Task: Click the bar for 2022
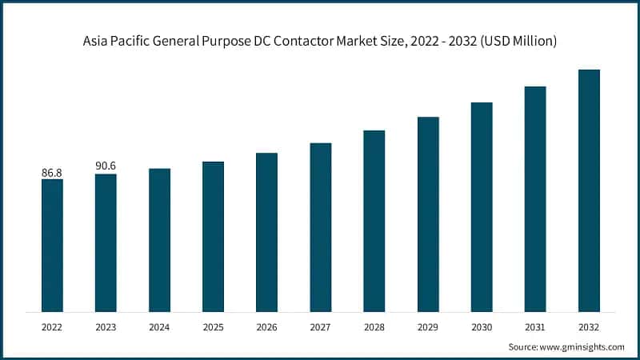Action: click(x=52, y=245)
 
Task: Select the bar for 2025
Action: click(x=213, y=236)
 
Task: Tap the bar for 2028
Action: click(x=374, y=221)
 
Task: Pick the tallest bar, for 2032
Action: click(x=589, y=190)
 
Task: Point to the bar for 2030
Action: click(x=481, y=206)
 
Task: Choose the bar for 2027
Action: click(x=320, y=227)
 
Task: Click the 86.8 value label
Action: click(x=52, y=172)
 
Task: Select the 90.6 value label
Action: click(x=106, y=166)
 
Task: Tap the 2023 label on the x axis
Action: click(x=106, y=327)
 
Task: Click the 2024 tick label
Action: click(x=159, y=327)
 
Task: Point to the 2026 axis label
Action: click(x=266, y=327)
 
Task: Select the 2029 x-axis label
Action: click(x=427, y=327)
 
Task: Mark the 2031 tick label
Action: click(x=534, y=327)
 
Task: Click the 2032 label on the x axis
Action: click(x=589, y=327)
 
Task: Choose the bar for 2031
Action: click(x=534, y=198)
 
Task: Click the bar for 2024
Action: click(x=159, y=240)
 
